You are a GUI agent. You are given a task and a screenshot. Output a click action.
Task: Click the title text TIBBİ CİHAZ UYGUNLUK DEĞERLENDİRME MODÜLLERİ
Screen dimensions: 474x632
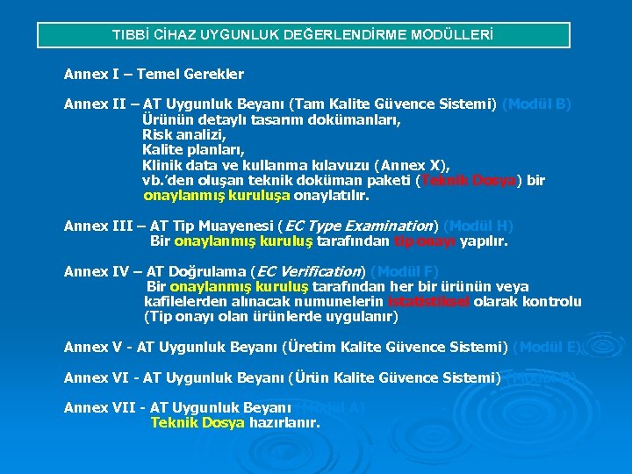[303, 35]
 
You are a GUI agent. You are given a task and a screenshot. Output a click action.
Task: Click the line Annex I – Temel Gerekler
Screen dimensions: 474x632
[154, 75]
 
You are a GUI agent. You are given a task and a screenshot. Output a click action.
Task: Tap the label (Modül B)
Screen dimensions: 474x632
[536, 104]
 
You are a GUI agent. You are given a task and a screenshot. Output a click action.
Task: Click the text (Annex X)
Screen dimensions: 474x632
[412, 165]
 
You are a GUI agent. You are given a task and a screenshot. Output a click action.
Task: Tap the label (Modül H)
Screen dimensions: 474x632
[478, 226]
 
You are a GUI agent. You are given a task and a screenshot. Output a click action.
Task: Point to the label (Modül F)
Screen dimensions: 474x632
[404, 272]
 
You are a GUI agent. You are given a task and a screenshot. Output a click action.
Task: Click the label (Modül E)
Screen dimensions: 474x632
[547, 348]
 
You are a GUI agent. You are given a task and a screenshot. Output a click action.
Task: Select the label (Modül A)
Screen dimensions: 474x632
[329, 408]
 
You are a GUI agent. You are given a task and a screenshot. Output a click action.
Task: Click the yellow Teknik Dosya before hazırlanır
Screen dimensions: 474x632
[197, 423]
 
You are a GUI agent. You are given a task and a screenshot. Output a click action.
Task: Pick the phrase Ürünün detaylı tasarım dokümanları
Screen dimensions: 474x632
[271, 120]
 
